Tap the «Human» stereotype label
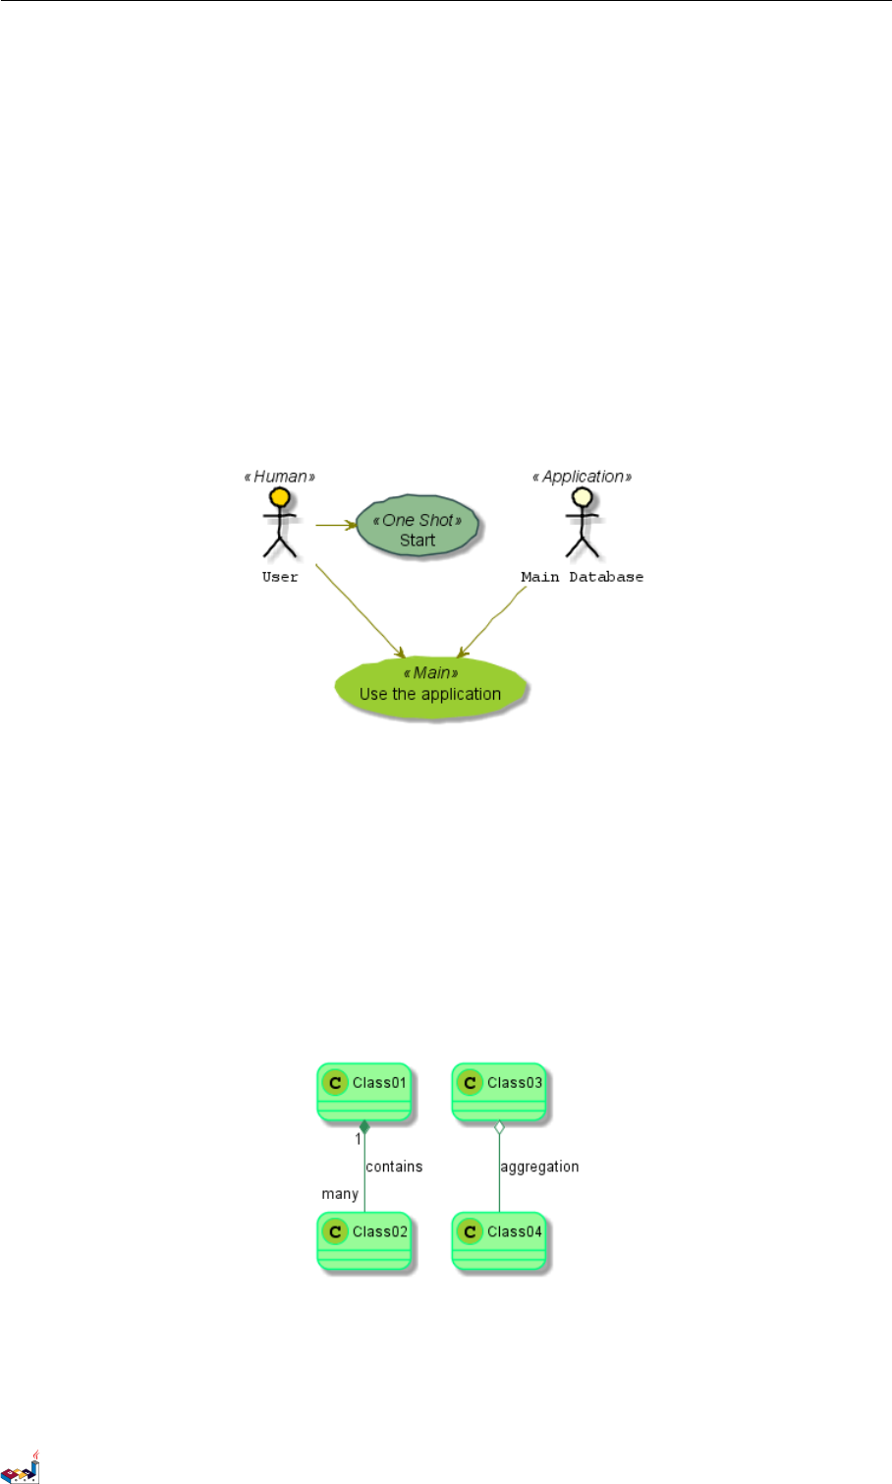pos(280,477)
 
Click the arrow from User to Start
pos(335,525)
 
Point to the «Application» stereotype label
pos(582,477)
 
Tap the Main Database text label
pos(582,577)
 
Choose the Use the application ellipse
pos(430,686)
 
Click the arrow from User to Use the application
pos(359,610)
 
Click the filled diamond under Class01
pos(364,1127)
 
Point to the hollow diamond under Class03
pos(499,1127)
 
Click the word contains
pos(394,1167)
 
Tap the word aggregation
pos(539,1167)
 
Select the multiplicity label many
pos(340,1194)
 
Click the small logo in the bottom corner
pos(22,1467)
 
